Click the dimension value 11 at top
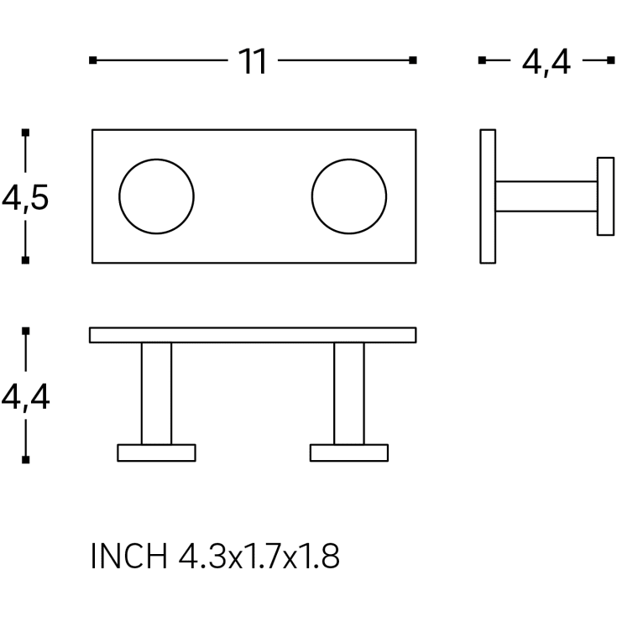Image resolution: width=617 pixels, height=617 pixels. coord(253,61)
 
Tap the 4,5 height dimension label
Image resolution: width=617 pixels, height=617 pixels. coord(25,197)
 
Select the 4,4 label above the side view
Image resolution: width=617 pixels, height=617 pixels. coord(546,62)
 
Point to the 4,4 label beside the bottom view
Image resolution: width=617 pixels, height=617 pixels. coord(25,397)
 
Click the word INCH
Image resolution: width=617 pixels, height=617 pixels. coord(129,556)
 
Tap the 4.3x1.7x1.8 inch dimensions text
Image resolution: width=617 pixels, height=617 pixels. coord(259,556)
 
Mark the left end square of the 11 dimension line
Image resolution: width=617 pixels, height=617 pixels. coord(93,60)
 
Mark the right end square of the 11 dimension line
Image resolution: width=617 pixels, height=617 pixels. coord(413,60)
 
